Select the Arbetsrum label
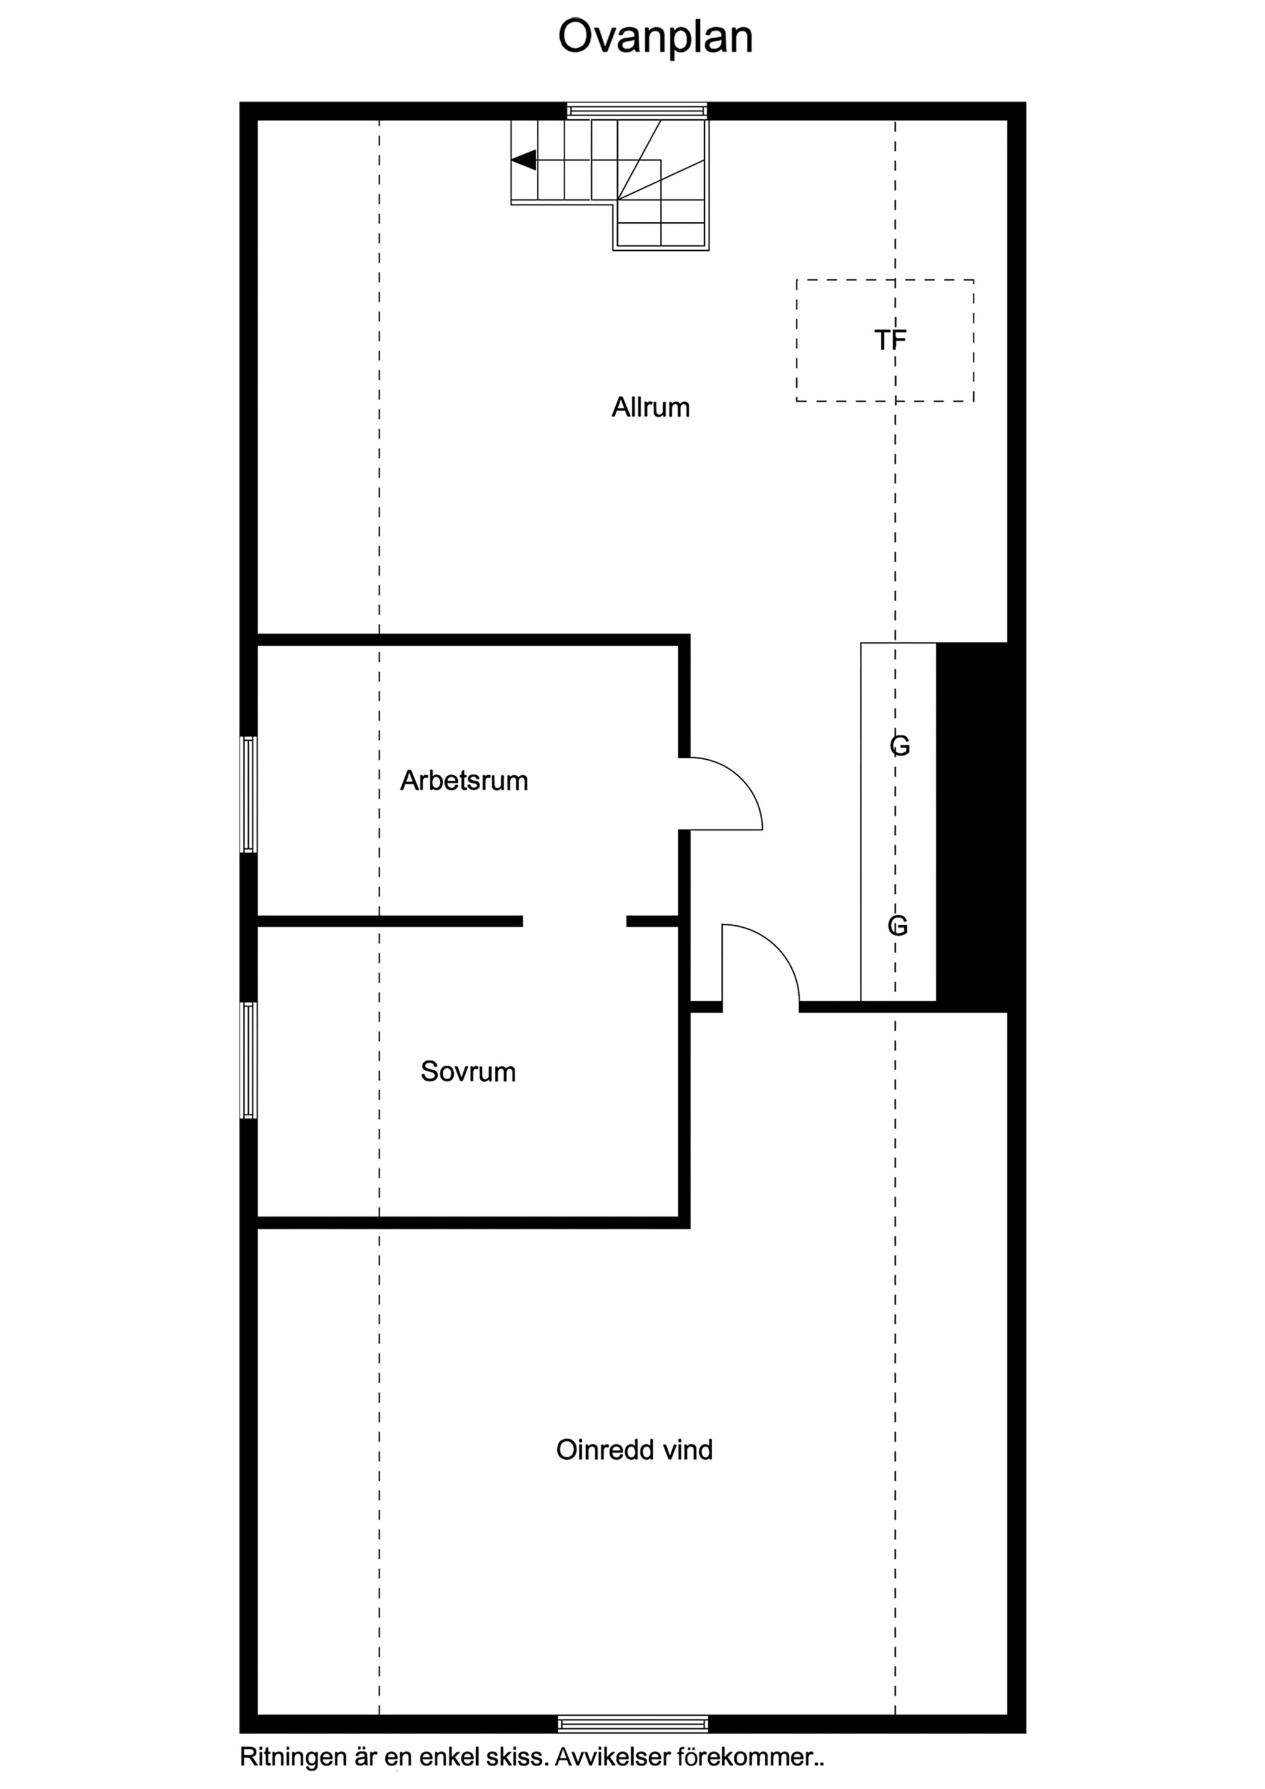point(464,780)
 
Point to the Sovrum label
point(468,1071)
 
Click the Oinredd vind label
point(635,1449)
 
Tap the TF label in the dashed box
point(890,340)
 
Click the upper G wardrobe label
point(900,746)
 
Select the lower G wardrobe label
point(898,925)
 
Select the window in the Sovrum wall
point(248,1061)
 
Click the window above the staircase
point(637,110)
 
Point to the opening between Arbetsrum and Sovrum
point(575,921)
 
